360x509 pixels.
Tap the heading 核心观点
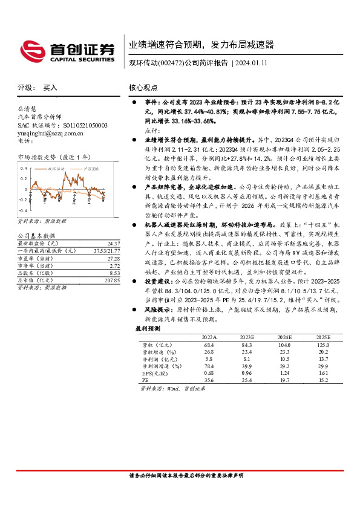click(143, 88)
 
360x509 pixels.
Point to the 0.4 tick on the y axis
click(24, 168)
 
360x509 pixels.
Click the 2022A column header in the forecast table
click(208, 337)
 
